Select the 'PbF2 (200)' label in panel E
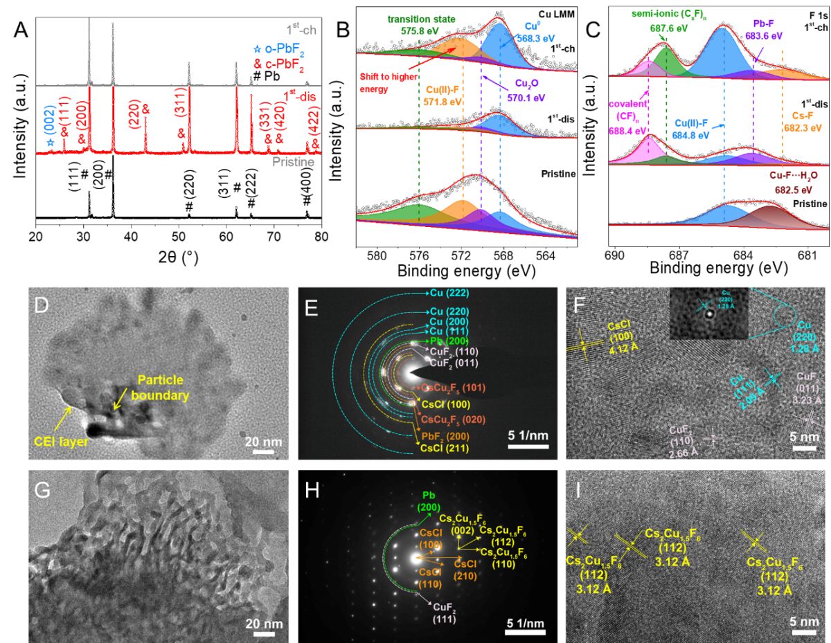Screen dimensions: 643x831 click(445, 435)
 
